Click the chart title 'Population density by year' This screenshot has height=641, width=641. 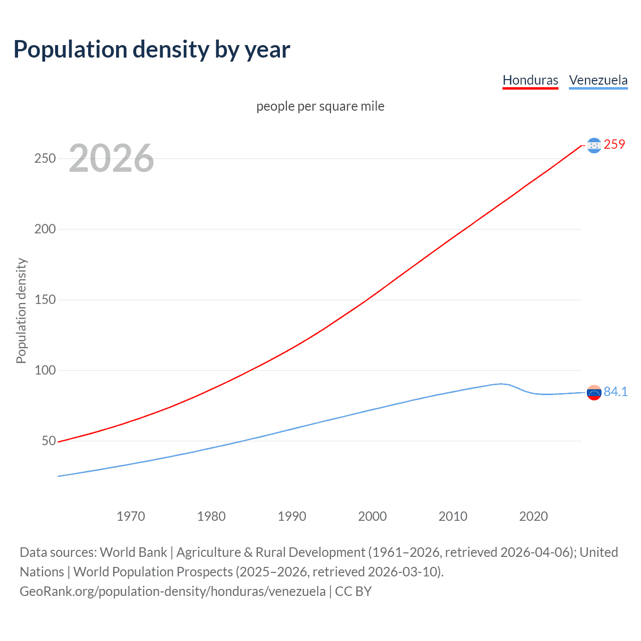click(152, 50)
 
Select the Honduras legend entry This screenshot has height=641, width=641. click(530, 80)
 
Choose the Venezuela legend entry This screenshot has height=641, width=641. click(598, 80)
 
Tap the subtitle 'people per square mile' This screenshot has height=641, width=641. click(320, 106)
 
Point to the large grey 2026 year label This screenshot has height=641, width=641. click(111, 158)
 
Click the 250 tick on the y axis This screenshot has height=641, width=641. click(45, 158)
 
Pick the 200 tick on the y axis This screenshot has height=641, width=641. click(45, 229)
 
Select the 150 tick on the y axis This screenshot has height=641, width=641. click(45, 299)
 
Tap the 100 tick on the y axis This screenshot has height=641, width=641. click(45, 370)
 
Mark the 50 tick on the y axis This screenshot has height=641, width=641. click(49, 441)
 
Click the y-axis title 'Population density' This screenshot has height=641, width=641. click(21, 310)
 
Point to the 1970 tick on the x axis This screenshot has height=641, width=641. click(131, 516)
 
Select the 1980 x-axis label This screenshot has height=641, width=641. click(211, 516)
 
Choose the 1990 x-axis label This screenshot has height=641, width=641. click(292, 516)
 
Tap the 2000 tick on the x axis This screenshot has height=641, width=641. click(373, 516)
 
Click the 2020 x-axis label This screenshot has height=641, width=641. click(533, 516)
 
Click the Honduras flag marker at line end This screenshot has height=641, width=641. click(594, 145)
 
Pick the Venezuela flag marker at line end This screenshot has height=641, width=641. click(594, 393)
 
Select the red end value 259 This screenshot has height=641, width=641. click(614, 144)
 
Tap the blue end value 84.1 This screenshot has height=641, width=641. click(615, 392)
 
